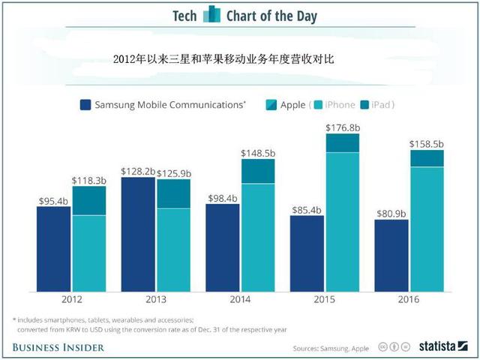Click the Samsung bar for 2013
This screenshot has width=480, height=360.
click(138, 234)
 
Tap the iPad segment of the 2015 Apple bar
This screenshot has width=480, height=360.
click(343, 142)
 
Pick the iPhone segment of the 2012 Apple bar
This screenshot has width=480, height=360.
click(88, 253)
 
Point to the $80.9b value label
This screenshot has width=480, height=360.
click(391, 212)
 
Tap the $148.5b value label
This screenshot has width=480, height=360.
click(257, 153)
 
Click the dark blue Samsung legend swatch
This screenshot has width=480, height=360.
click(85, 105)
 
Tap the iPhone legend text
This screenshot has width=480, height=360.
click(339, 105)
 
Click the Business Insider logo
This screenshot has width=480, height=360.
click(58, 347)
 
